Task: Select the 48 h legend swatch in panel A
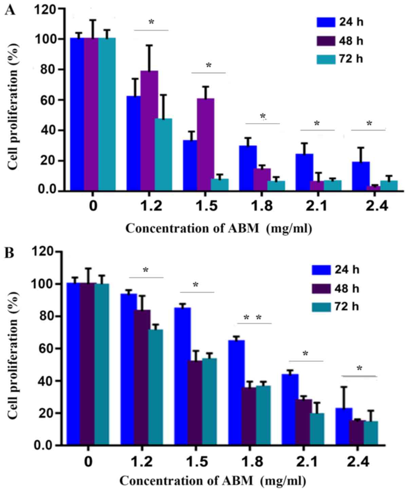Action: (x=326, y=41)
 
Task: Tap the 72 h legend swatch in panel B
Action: (x=321, y=307)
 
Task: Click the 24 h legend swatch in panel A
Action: (x=326, y=23)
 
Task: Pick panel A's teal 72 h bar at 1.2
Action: (x=163, y=154)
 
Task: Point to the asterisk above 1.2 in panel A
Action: (x=151, y=23)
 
